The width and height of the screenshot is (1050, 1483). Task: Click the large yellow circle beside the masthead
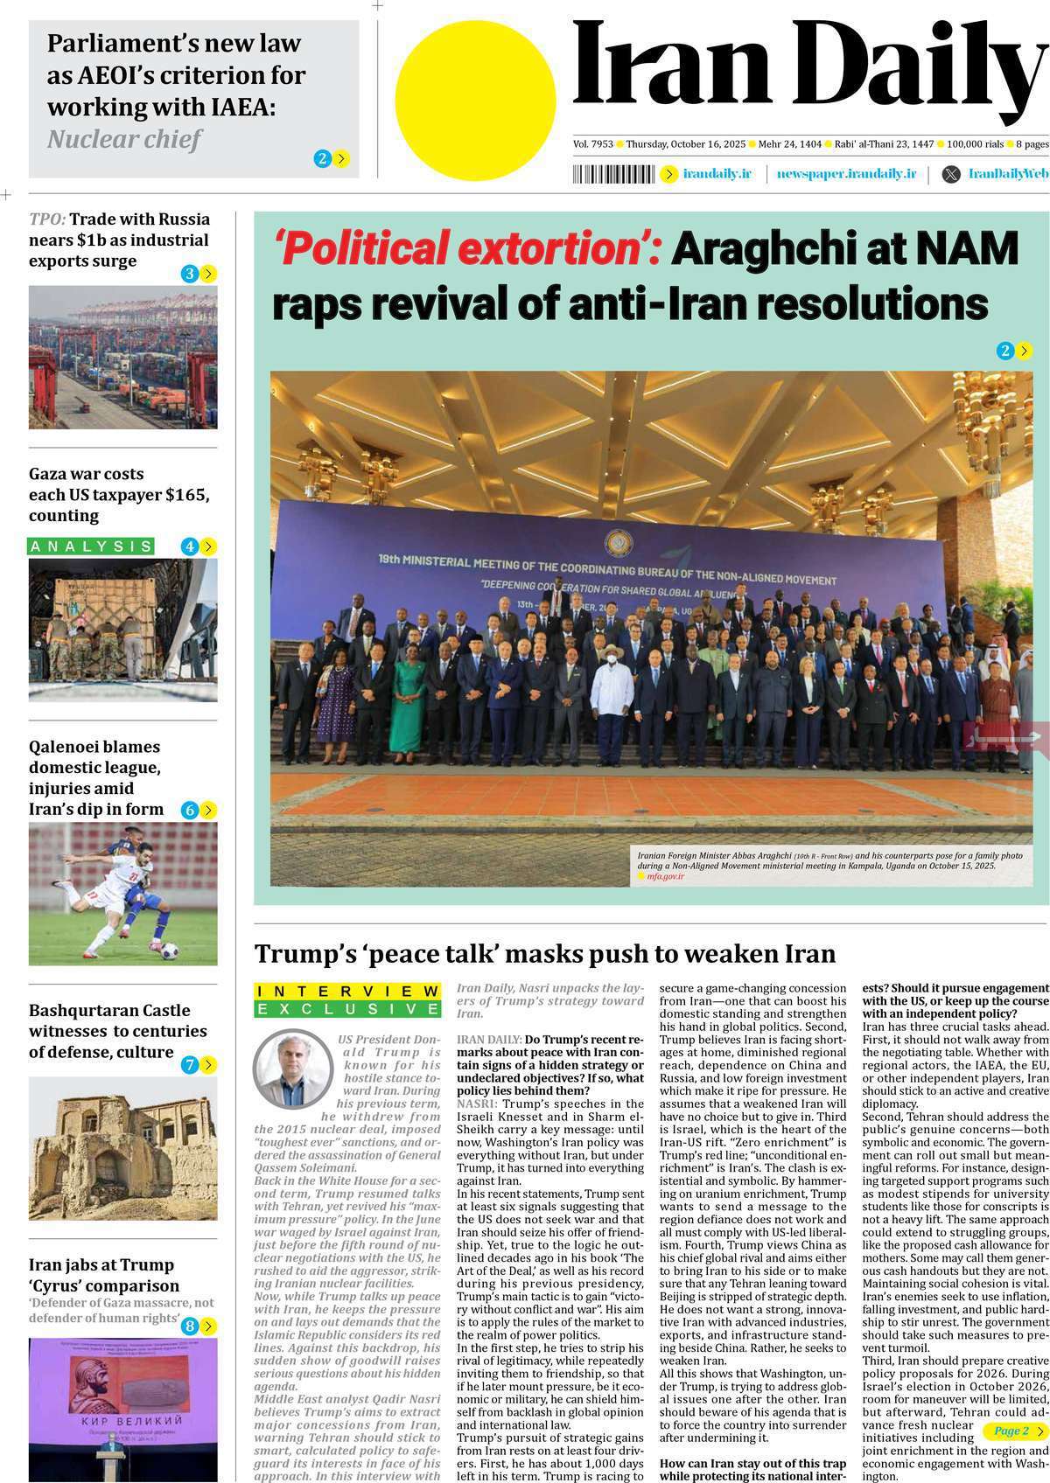point(475,90)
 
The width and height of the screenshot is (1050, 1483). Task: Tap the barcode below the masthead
point(613,174)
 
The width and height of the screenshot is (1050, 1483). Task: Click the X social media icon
point(950,174)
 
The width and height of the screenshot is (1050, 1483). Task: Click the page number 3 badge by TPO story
point(190,274)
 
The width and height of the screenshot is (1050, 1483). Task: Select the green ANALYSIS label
point(91,547)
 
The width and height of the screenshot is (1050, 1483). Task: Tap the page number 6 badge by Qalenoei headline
point(190,810)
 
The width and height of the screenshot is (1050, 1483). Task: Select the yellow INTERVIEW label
point(347,991)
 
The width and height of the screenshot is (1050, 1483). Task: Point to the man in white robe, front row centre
point(612,709)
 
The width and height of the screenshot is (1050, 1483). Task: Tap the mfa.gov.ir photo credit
point(665,875)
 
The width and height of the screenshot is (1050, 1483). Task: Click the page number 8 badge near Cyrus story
point(190,1326)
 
